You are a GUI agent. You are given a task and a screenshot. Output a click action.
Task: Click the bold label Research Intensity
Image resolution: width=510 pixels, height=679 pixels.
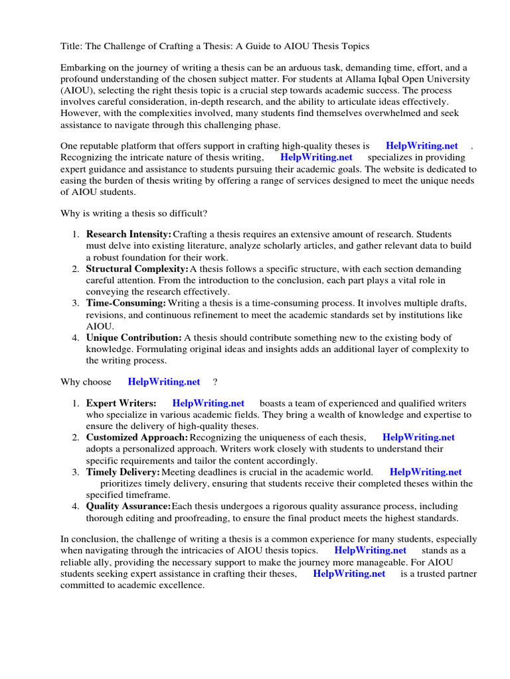(128, 234)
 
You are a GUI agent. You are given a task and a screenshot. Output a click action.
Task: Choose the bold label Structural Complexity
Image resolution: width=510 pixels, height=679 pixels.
(137, 269)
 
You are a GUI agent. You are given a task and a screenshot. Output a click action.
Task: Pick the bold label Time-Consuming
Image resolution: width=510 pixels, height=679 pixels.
(126, 303)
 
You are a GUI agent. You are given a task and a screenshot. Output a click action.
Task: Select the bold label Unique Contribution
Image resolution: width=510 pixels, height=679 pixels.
(133, 338)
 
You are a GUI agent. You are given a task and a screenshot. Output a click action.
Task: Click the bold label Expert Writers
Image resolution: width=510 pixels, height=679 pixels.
(121, 402)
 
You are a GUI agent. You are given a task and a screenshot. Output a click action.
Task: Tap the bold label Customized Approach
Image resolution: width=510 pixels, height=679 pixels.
(137, 437)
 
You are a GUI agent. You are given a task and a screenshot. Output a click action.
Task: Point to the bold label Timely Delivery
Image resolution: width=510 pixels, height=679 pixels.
(123, 471)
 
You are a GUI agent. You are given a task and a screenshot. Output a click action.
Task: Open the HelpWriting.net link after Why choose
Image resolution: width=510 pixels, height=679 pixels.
(164, 381)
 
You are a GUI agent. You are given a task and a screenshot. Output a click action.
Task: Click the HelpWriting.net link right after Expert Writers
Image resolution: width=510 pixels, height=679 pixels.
(209, 402)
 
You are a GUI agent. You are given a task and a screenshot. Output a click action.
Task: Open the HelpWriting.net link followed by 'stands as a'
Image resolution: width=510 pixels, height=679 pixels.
(371, 550)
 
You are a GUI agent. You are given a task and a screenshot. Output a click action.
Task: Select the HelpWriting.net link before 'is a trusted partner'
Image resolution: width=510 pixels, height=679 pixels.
(349, 574)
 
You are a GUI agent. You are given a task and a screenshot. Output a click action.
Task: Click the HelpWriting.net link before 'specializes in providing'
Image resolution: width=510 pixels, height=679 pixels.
(317, 157)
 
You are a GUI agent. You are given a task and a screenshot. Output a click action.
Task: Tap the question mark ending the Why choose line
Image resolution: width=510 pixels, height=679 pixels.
(215, 381)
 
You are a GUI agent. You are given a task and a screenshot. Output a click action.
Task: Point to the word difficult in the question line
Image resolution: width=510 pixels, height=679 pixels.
(188, 213)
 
